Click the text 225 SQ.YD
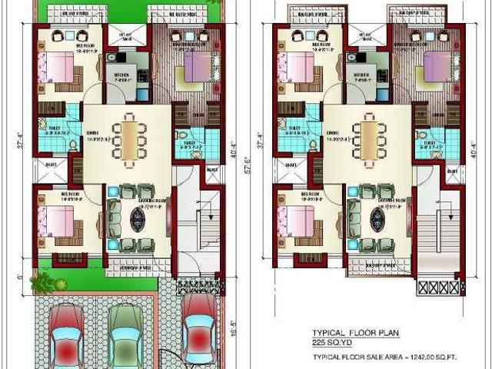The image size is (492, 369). (x=331, y=342)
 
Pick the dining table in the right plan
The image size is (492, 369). (x=371, y=136)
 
